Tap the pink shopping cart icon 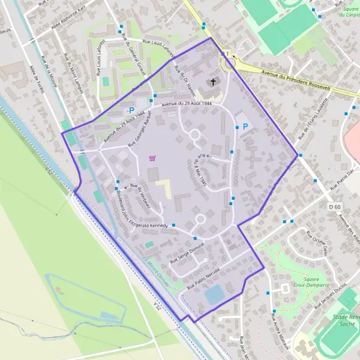tap(152, 158)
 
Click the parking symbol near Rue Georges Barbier tap(131, 110)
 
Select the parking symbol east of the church tap(245, 127)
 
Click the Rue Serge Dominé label tap(187, 253)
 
